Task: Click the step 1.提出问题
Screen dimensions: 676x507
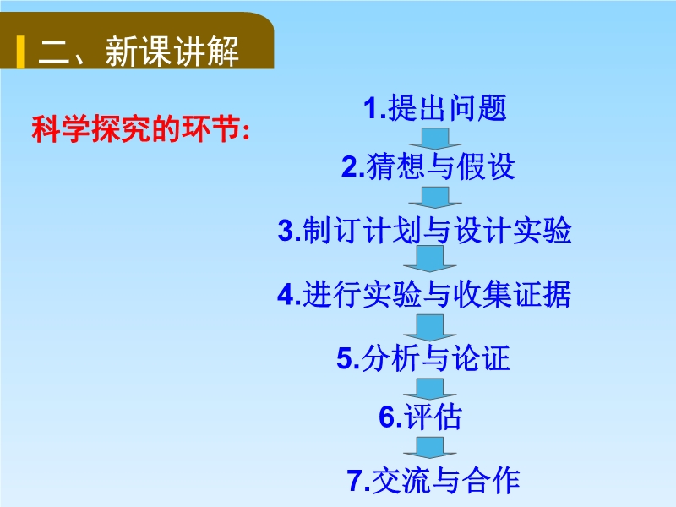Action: [x=434, y=108]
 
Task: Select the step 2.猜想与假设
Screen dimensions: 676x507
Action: [x=428, y=166]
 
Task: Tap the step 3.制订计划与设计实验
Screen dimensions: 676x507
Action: [x=425, y=230]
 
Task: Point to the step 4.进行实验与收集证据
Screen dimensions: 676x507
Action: [x=424, y=294]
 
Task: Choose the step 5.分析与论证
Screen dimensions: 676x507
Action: [x=423, y=357]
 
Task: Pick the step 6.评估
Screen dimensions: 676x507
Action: [x=420, y=417]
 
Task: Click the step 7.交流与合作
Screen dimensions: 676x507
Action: [x=433, y=480]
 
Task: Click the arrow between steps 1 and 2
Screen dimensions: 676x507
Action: [x=435, y=139]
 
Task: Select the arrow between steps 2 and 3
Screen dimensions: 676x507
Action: [x=435, y=198]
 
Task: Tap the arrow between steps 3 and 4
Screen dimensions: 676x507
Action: [x=430, y=259]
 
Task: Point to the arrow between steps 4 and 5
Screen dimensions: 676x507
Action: [x=430, y=327]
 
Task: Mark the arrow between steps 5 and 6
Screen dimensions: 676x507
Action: [x=430, y=389]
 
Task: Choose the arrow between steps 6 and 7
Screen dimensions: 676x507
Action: [x=430, y=448]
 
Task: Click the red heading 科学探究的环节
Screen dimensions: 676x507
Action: [x=135, y=129]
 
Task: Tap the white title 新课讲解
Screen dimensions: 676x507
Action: [x=172, y=52]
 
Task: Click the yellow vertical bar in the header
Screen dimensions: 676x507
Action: [x=20, y=52]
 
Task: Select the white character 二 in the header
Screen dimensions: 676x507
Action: [x=54, y=52]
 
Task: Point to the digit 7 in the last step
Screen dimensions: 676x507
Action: [x=355, y=481]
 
